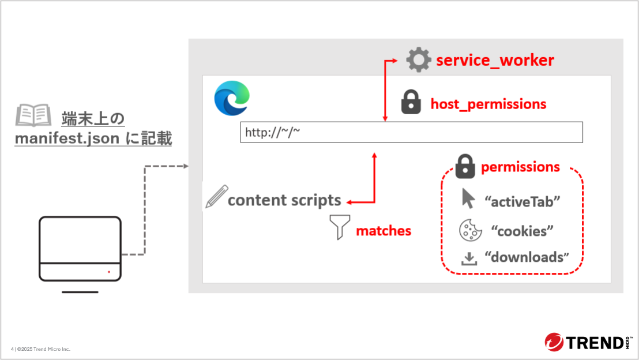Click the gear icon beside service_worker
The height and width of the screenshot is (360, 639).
(x=419, y=60)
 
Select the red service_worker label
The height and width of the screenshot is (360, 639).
(x=495, y=60)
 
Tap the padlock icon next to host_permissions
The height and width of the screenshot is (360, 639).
(x=411, y=103)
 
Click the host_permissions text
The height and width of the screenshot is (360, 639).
(x=488, y=104)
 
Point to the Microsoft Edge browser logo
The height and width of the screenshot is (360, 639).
(x=232, y=97)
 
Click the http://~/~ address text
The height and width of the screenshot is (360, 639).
(x=273, y=133)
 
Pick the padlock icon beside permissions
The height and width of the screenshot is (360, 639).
(x=465, y=166)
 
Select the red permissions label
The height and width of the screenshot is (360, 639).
(x=520, y=167)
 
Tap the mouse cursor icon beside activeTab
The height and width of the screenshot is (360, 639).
(x=468, y=198)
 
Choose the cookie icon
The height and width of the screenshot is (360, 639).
(x=471, y=230)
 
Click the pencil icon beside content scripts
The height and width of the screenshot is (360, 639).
(x=216, y=197)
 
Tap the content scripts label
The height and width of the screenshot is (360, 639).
(x=284, y=200)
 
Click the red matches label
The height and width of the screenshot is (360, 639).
(x=384, y=231)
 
